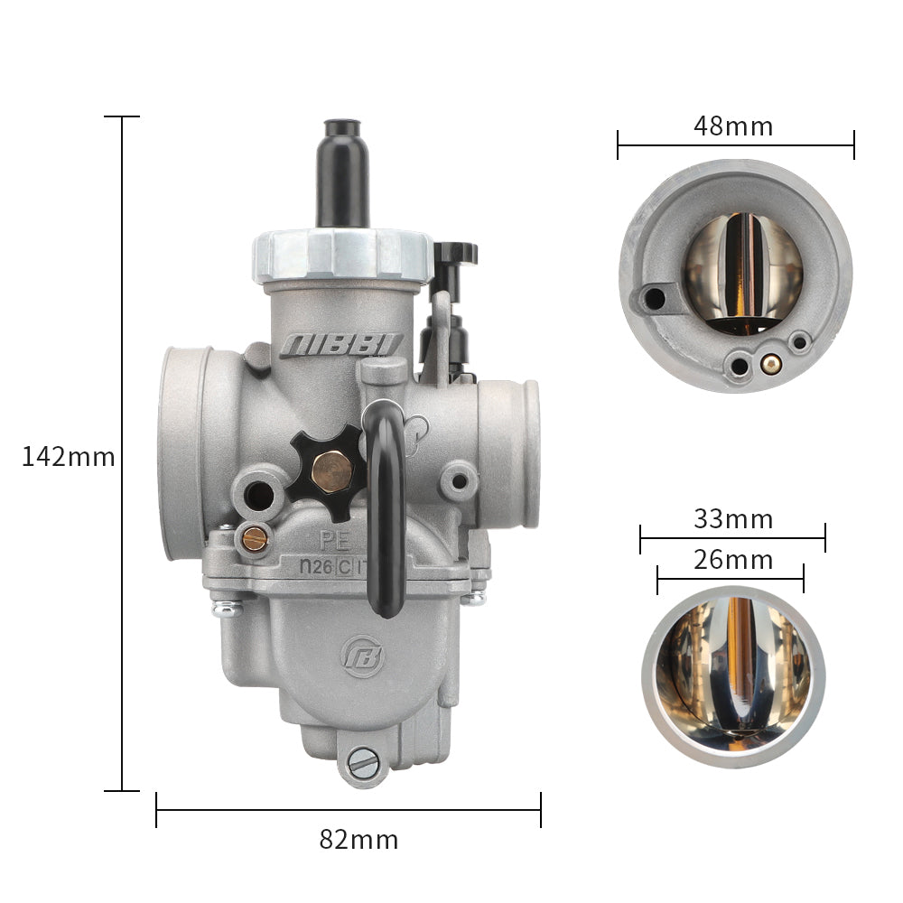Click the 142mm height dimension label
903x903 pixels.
68,457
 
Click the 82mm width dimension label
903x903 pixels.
358,840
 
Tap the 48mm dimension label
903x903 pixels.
733,126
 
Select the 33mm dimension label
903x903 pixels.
733,519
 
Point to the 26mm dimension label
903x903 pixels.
733,560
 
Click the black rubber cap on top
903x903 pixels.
342,172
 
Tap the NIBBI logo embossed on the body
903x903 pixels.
341,346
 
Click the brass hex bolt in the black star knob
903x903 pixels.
331,472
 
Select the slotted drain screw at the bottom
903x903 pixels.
363,764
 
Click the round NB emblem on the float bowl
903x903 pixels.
362,656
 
